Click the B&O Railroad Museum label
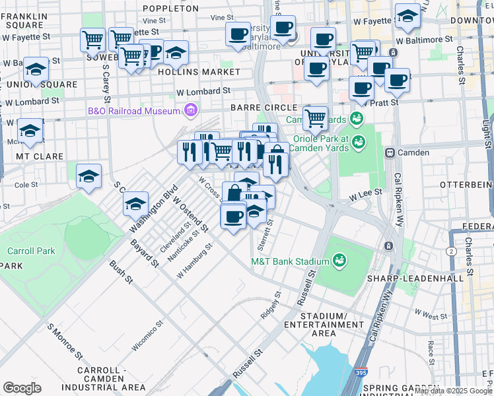point(134,111)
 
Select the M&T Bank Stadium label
point(290,261)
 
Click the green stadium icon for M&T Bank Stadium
point(339,261)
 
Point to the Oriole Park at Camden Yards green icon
point(358,141)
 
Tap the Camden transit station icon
point(390,152)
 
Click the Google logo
point(22,388)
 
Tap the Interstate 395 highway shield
point(362,374)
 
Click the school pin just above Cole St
point(88,176)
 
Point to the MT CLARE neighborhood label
point(40,156)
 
